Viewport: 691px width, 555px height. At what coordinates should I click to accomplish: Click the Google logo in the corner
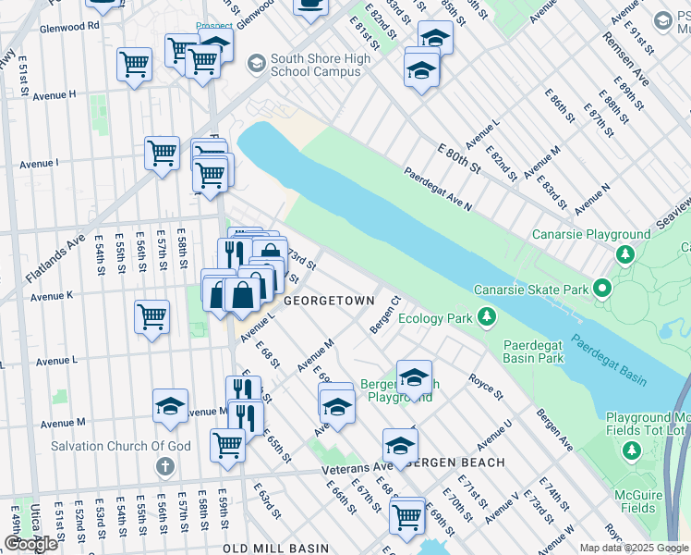coord(30,544)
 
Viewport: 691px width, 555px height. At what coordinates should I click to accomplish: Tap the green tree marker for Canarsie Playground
coord(625,254)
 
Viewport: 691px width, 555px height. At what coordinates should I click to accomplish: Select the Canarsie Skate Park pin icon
coord(603,290)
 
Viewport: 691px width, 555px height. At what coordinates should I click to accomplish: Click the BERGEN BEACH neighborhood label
coord(455,462)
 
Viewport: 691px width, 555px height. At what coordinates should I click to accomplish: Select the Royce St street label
coord(485,387)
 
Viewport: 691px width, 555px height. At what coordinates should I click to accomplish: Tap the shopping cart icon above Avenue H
coord(134,64)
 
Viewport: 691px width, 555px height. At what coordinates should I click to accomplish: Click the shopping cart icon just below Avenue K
coord(152,316)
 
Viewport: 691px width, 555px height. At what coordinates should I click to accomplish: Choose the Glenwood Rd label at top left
coord(69,27)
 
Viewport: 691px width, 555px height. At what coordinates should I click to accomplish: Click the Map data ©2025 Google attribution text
coord(634,548)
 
